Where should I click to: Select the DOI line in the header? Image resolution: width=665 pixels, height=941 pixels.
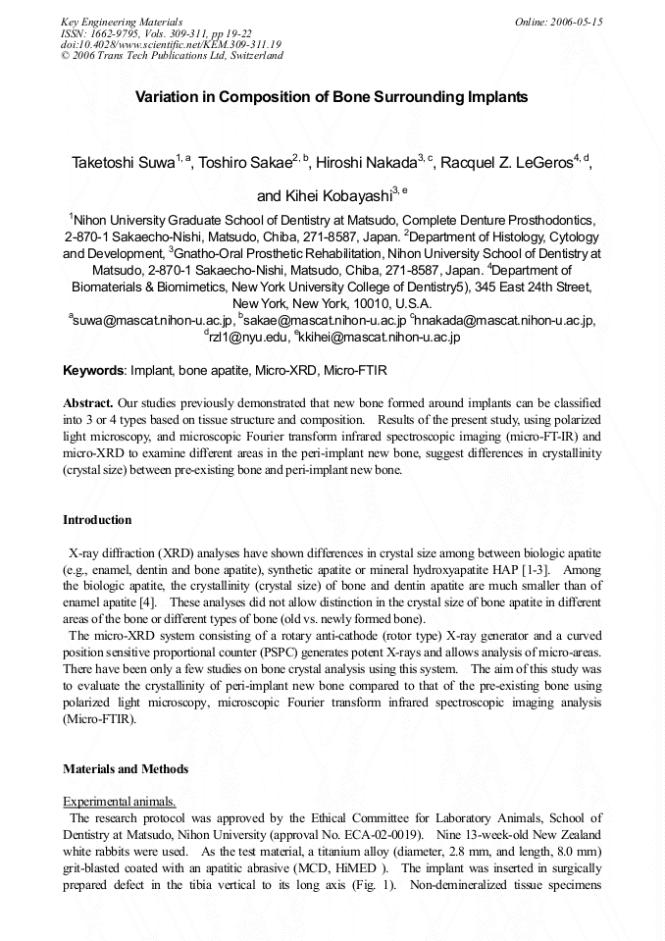[x=171, y=44]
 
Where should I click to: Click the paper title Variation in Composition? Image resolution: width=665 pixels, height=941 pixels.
[x=332, y=97]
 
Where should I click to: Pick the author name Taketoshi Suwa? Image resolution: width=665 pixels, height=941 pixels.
[x=124, y=163]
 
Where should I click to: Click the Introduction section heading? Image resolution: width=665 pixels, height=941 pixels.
[x=97, y=520]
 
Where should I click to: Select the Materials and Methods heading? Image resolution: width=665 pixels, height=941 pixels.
[x=126, y=769]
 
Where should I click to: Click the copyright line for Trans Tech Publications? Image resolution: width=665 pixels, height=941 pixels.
[x=172, y=56]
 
